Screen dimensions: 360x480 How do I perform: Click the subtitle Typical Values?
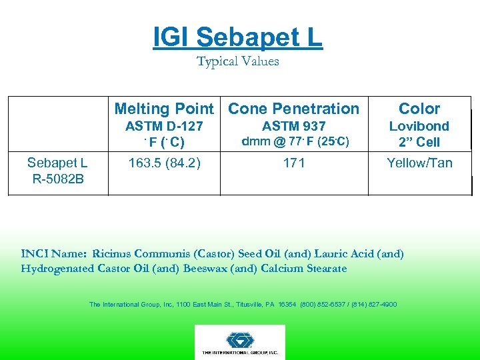238,61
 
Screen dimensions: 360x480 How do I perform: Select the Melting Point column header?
164,109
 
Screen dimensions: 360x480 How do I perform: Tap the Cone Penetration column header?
293,109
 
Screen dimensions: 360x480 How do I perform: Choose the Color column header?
419,109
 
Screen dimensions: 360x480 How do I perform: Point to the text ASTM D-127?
164,126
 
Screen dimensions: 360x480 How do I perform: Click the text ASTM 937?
293,126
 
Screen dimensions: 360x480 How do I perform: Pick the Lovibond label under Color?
419,126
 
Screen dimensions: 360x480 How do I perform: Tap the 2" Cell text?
419,142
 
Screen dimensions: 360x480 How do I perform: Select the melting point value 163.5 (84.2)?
164,162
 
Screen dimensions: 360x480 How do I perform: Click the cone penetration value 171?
293,162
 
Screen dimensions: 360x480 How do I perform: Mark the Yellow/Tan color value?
419,162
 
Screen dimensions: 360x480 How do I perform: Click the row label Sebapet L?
57,163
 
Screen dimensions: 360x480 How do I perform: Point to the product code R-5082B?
57,178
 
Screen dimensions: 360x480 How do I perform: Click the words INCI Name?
55,253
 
